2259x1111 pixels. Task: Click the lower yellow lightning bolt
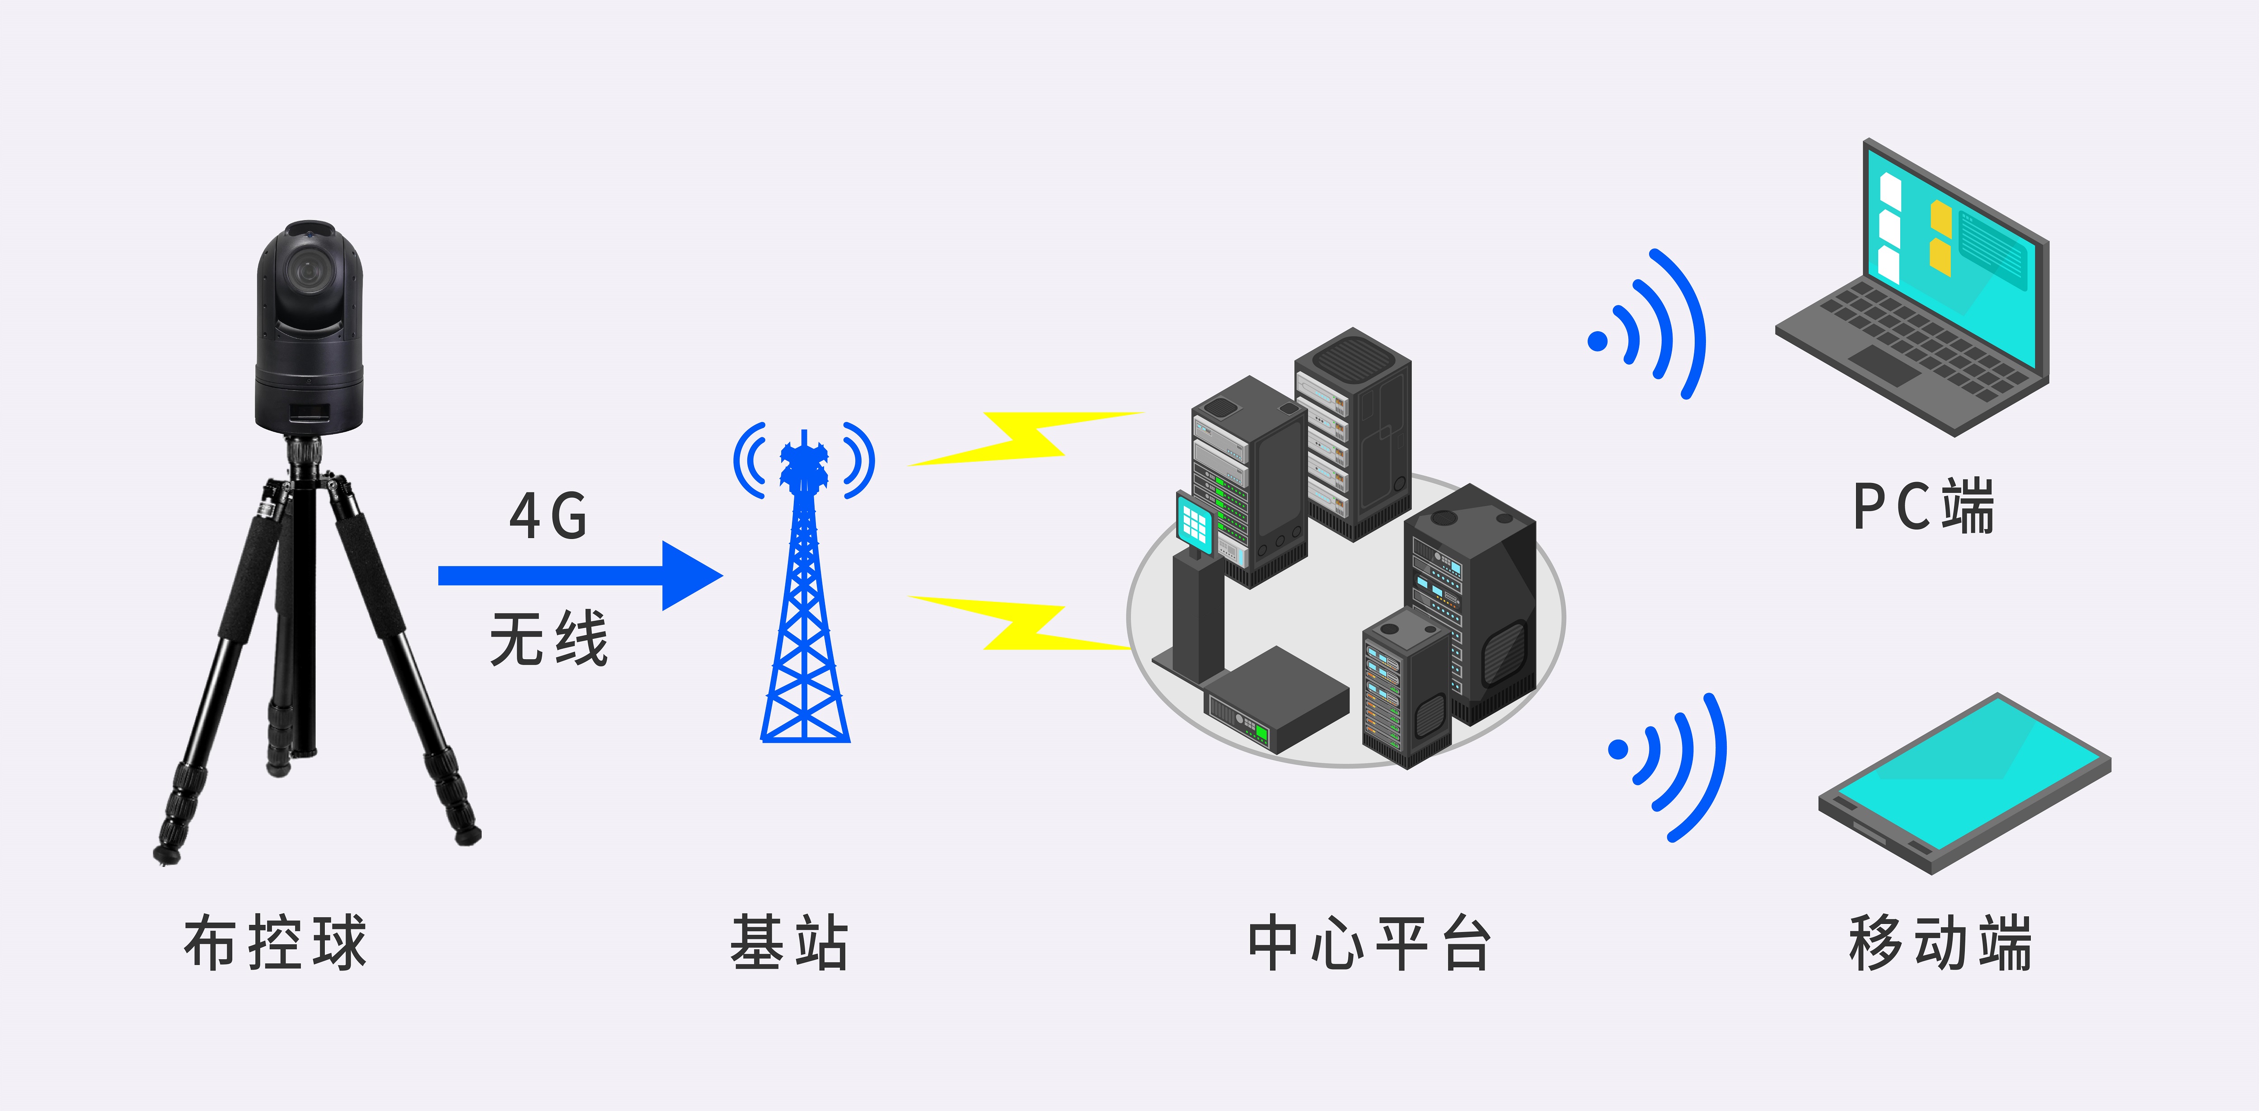[1022, 623]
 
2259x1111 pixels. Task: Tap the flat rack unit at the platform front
[1276, 702]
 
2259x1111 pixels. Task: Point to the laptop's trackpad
[1885, 364]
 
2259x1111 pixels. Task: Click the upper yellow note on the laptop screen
[1940, 219]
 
